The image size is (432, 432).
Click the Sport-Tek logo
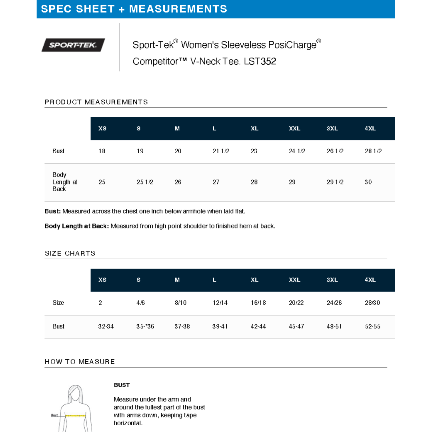tap(73, 45)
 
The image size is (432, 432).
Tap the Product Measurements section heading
tap(96, 102)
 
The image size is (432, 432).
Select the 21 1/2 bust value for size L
tap(221, 151)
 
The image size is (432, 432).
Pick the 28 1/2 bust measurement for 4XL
tap(373, 151)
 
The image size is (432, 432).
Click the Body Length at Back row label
tap(64, 182)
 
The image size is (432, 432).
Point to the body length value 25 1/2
tap(145, 182)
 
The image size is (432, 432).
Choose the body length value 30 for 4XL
tap(368, 182)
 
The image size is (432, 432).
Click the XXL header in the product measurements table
tap(294, 128)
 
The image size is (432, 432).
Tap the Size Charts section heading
tap(70, 253)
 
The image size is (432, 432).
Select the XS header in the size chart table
tap(102, 280)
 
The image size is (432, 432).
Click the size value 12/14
tap(220, 303)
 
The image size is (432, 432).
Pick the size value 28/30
tap(372, 303)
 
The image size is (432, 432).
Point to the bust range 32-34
tap(106, 326)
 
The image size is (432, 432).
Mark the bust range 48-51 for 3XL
tap(334, 326)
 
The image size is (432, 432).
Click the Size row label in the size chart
tap(58, 303)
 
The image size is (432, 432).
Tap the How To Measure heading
tap(80, 362)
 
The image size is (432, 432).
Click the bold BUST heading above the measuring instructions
tap(122, 385)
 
